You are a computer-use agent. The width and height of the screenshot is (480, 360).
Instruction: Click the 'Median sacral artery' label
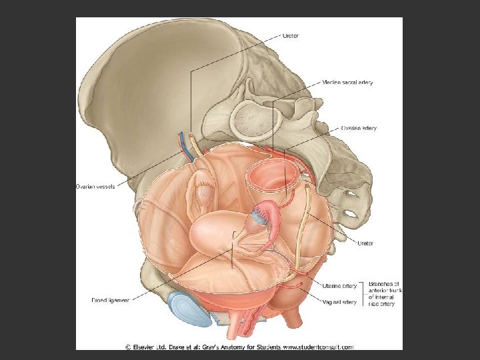point(347,83)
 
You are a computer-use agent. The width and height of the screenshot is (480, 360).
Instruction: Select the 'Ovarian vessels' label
point(95,187)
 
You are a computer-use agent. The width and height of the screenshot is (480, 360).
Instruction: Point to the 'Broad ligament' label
point(110,300)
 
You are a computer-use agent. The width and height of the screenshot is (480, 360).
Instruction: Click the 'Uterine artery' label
point(341,285)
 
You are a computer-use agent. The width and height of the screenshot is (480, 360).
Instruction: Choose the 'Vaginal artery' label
point(341,302)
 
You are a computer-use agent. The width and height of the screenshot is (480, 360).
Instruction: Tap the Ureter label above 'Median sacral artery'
point(291,35)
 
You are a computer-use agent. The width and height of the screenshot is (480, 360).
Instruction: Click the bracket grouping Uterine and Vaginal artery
point(363,293)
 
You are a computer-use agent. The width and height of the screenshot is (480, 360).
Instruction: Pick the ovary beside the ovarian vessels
point(201,197)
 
